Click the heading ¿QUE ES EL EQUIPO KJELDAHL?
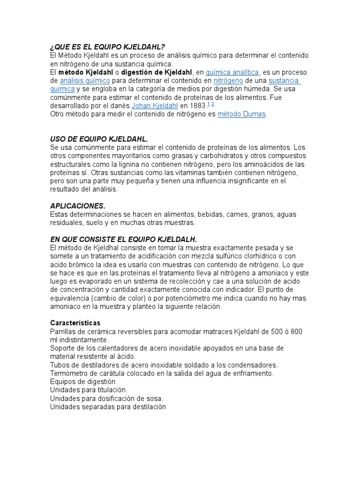[x=107, y=47]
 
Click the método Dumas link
[x=242, y=114]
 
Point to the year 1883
[x=197, y=105]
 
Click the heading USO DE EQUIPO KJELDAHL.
[x=99, y=139]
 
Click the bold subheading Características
[x=75, y=323]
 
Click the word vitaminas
[x=165, y=172]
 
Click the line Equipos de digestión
[x=82, y=382]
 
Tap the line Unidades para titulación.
[x=88, y=390]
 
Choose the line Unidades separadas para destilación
[x=108, y=407]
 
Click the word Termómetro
[x=69, y=373]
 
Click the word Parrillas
[x=64, y=331]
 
